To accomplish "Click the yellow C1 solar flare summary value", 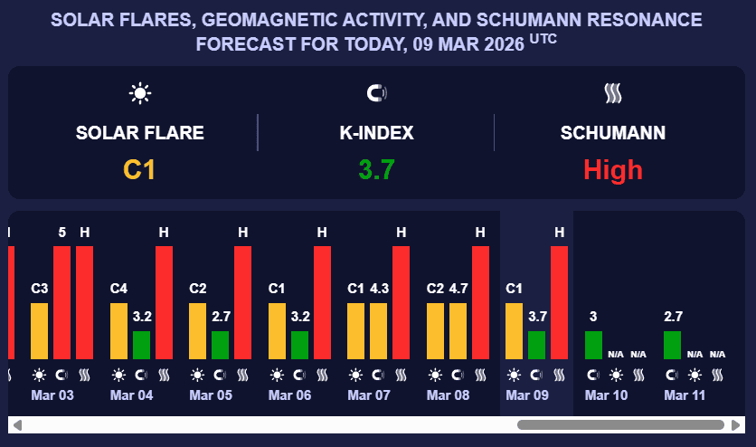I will pyautogui.click(x=139, y=169).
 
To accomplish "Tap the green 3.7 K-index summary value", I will pyautogui.click(x=376, y=169).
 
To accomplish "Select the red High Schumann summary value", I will pyautogui.click(x=613, y=169).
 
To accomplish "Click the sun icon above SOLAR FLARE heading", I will pyautogui.click(x=140, y=92).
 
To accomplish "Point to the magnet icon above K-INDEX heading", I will pyautogui.click(x=376, y=92).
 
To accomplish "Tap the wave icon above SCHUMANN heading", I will pyautogui.click(x=613, y=92).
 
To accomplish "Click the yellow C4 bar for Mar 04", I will pyautogui.click(x=119, y=331).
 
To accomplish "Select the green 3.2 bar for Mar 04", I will pyautogui.click(x=141, y=345).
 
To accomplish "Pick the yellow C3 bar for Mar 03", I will pyautogui.click(x=40, y=331).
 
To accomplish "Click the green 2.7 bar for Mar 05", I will pyautogui.click(x=221, y=345).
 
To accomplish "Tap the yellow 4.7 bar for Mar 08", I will pyautogui.click(x=458, y=331).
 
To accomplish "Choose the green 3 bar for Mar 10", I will pyautogui.click(x=593, y=345).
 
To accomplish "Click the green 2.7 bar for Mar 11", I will pyautogui.click(x=673, y=345).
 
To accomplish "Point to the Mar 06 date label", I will pyautogui.click(x=289, y=395).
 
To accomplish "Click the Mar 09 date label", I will pyautogui.click(x=526, y=395).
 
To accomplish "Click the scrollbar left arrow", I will pyautogui.click(x=17, y=424).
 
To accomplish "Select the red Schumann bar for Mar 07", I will pyautogui.click(x=401, y=302).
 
